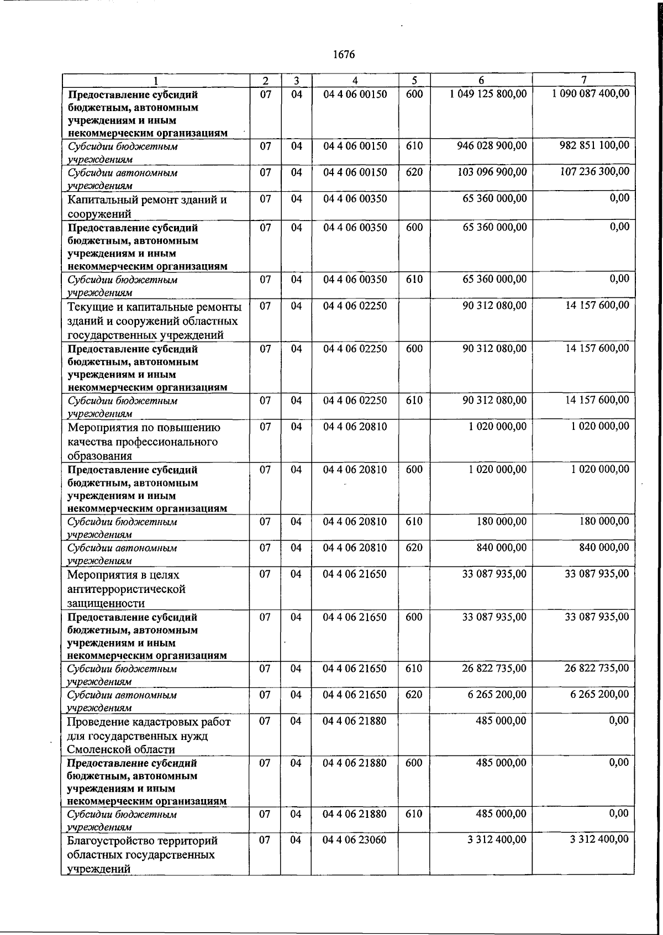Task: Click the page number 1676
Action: point(344,55)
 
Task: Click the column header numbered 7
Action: point(583,80)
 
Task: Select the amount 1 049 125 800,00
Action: point(488,94)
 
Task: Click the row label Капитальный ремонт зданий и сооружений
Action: point(148,206)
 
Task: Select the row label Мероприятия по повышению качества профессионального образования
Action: point(143,442)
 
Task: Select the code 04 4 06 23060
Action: point(355,840)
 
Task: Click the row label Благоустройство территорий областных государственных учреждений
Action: point(143,854)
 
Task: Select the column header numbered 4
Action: point(355,80)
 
